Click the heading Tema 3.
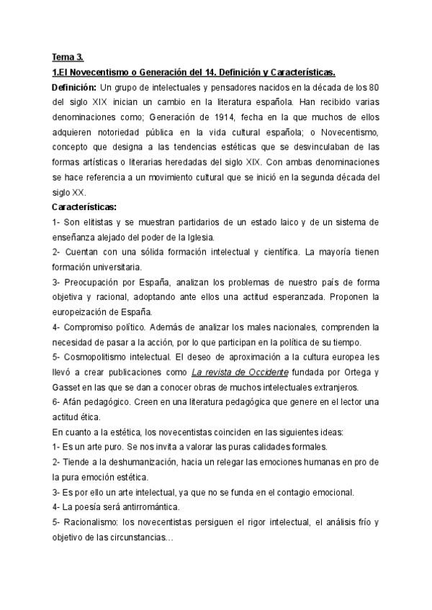click(x=68, y=57)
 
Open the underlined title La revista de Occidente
click(x=240, y=372)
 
